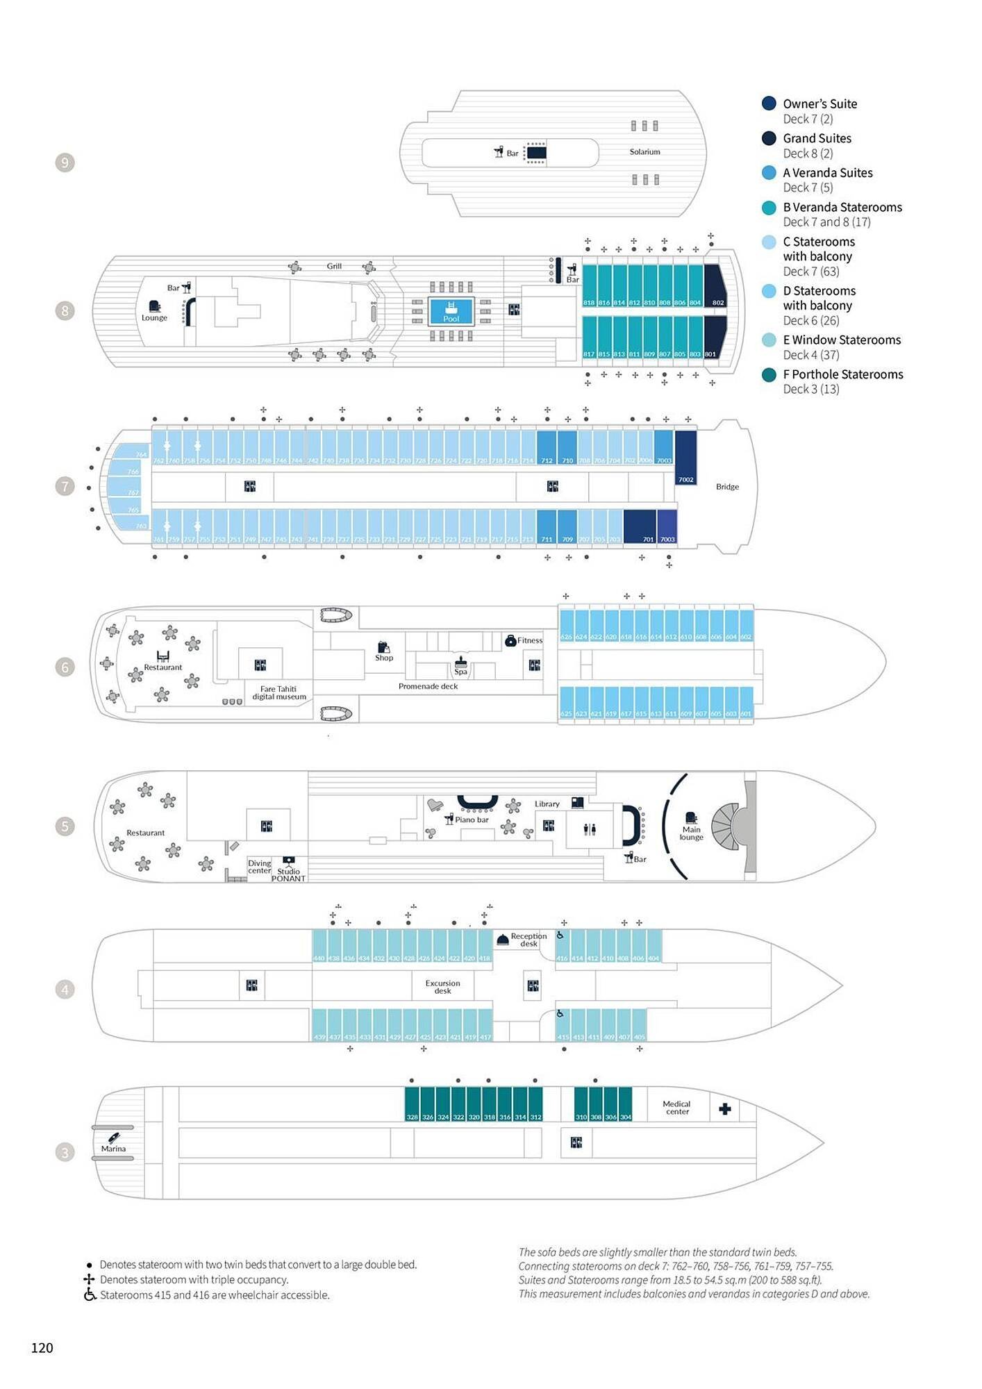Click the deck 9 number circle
click(65, 163)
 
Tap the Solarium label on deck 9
click(644, 151)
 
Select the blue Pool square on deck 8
click(451, 310)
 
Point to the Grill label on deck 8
click(334, 266)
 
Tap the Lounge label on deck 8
click(154, 317)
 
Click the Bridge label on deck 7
click(727, 487)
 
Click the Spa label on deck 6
click(460, 672)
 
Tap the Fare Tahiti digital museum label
click(279, 692)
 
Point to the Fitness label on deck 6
click(529, 640)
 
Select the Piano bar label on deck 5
click(472, 820)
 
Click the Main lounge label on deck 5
click(691, 833)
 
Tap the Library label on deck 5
click(547, 804)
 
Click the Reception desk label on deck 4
click(529, 940)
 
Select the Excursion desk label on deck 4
click(442, 986)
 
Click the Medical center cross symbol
click(725, 1108)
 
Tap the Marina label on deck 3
click(113, 1149)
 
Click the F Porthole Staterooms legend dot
click(769, 374)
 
